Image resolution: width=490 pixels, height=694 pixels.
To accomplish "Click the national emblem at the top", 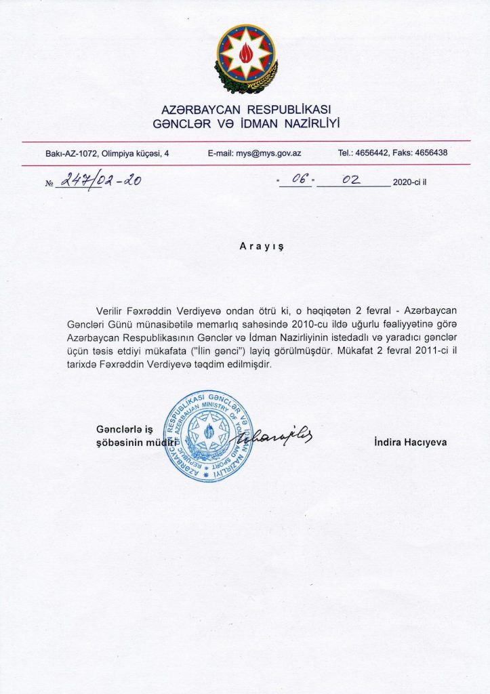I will [246, 59].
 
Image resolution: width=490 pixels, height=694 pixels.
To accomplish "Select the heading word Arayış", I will [262, 248].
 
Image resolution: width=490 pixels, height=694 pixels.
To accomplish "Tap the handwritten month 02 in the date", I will [350, 180].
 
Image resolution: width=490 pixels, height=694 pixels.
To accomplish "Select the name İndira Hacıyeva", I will [410, 443].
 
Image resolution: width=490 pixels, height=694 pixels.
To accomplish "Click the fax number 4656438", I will [432, 153].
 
